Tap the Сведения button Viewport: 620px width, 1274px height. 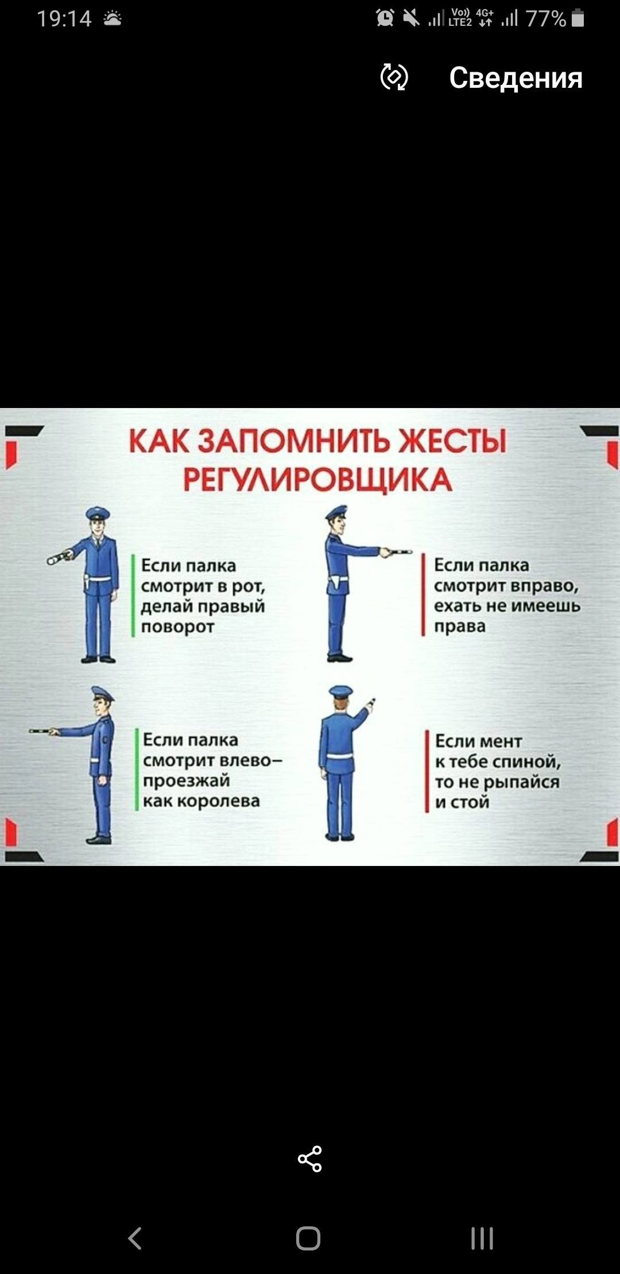516,77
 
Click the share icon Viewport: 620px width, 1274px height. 310,1159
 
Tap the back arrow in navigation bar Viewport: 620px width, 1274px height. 135,1238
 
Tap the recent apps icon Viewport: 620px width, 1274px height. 482,1238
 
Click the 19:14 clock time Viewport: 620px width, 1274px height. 64,19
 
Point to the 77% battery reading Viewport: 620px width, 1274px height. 546,19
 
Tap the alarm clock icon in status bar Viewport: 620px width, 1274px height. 385,18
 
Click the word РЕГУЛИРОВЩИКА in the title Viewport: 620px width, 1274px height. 317,479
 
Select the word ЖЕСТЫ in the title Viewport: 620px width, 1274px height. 452,441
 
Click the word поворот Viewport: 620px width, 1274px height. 178,627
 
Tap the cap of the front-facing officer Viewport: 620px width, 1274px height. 98,512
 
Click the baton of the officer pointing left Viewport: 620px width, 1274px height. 43,731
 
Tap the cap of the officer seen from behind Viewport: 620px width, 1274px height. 341,692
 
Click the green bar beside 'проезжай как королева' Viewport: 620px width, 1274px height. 137,770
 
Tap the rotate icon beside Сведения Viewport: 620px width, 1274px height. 394,77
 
